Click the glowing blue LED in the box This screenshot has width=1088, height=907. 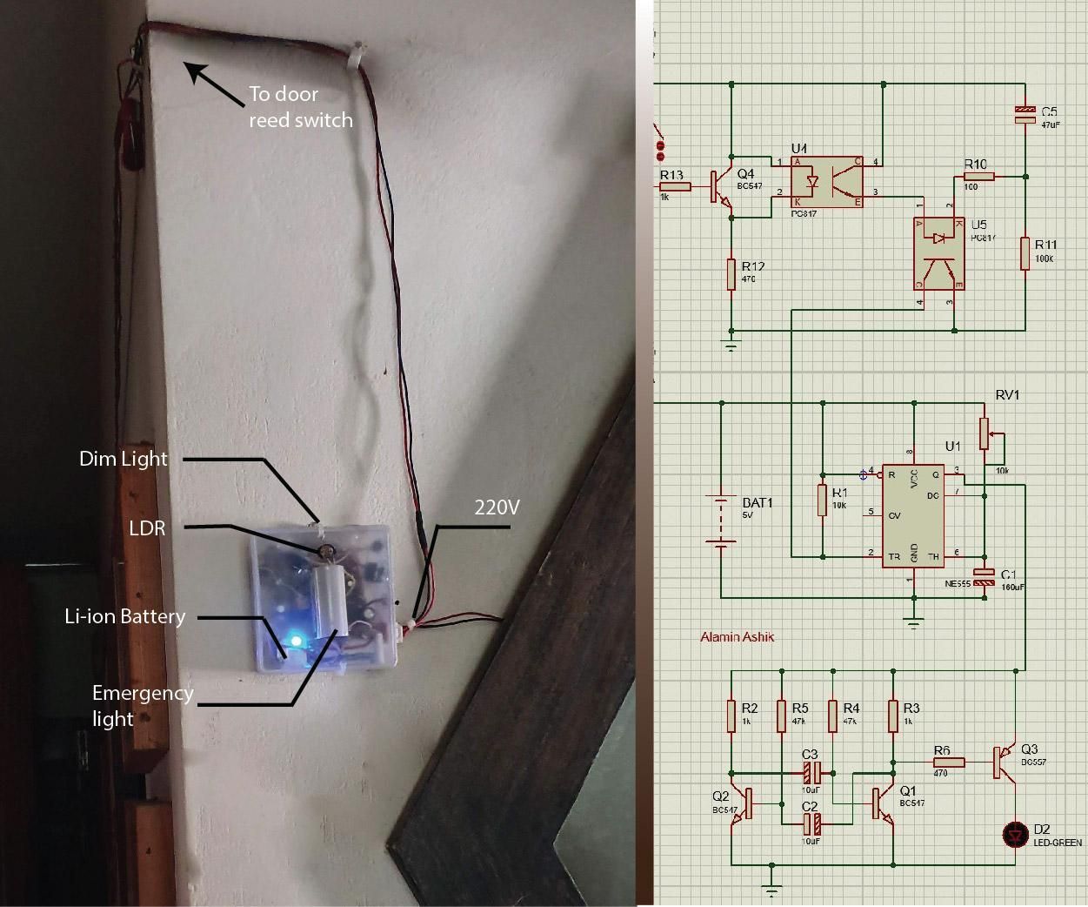[x=296, y=642]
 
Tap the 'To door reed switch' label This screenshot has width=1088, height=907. [x=300, y=106]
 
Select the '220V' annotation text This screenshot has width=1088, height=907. [x=497, y=507]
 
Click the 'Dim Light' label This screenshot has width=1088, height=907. [x=123, y=459]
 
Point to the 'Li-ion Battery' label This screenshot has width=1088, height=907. [x=125, y=617]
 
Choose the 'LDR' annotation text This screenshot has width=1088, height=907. [x=146, y=528]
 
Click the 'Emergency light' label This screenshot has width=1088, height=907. [x=142, y=705]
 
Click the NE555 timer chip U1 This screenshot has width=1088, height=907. [x=913, y=515]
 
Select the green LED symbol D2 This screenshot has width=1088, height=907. [x=1015, y=834]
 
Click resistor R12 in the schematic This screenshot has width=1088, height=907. [x=732, y=272]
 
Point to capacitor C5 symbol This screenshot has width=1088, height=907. [x=1026, y=113]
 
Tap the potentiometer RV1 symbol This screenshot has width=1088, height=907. [x=985, y=433]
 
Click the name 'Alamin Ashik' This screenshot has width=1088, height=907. [x=737, y=637]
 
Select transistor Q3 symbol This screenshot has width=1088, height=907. [x=1006, y=762]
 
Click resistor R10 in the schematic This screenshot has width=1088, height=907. [x=978, y=176]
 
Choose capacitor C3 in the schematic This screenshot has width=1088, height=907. [x=811, y=771]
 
